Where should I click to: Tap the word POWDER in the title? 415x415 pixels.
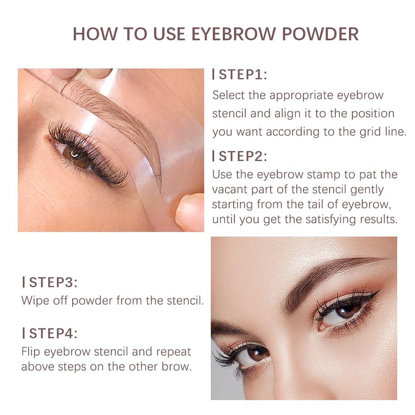(x=320, y=34)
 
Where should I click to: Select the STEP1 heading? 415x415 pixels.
(x=242, y=75)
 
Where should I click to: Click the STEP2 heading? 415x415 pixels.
(x=242, y=157)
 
